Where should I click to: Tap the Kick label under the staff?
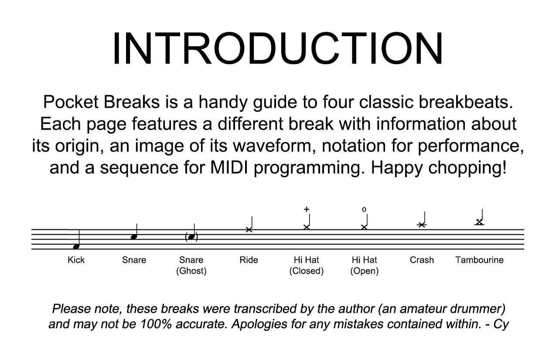click(76, 260)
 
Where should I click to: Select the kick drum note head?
click(76, 247)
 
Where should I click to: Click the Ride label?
click(249, 260)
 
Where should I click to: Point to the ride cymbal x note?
click(249, 230)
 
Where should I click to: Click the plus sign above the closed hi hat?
click(307, 209)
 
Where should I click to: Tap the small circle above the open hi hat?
click(364, 210)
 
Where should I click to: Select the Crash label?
click(422, 260)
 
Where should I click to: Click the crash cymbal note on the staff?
click(422, 225)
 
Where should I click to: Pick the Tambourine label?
click(480, 260)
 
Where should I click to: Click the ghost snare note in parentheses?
click(191, 237)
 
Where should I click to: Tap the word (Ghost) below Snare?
click(191, 271)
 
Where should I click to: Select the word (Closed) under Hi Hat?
click(307, 271)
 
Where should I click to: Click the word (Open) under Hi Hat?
click(365, 271)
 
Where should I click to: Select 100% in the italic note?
click(156, 324)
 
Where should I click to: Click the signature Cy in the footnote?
click(501, 324)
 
